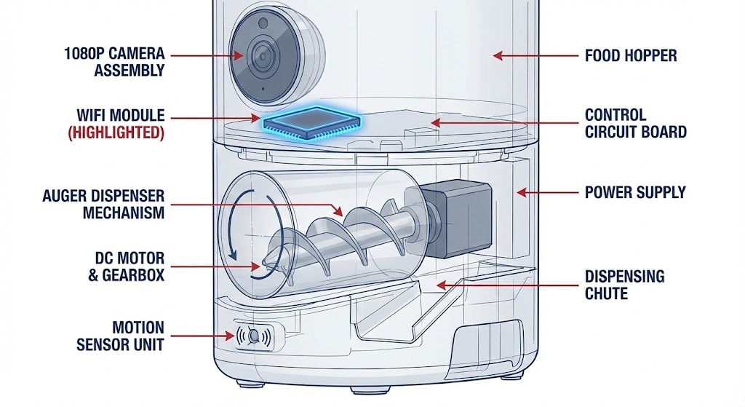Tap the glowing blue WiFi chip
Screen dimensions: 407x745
pyautogui.click(x=311, y=122)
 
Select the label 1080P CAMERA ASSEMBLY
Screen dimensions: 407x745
pyautogui.click(x=114, y=63)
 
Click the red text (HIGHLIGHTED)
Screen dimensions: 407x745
pyautogui.click(x=120, y=133)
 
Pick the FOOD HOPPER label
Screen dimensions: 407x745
pyautogui.click(x=630, y=55)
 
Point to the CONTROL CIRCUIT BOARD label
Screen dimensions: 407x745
pyautogui.click(x=635, y=124)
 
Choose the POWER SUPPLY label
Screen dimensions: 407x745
pyautogui.click(x=635, y=193)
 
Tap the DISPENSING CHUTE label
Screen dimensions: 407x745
pyautogui.click(x=624, y=285)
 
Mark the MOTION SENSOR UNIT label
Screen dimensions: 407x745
pyautogui.click(x=120, y=336)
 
